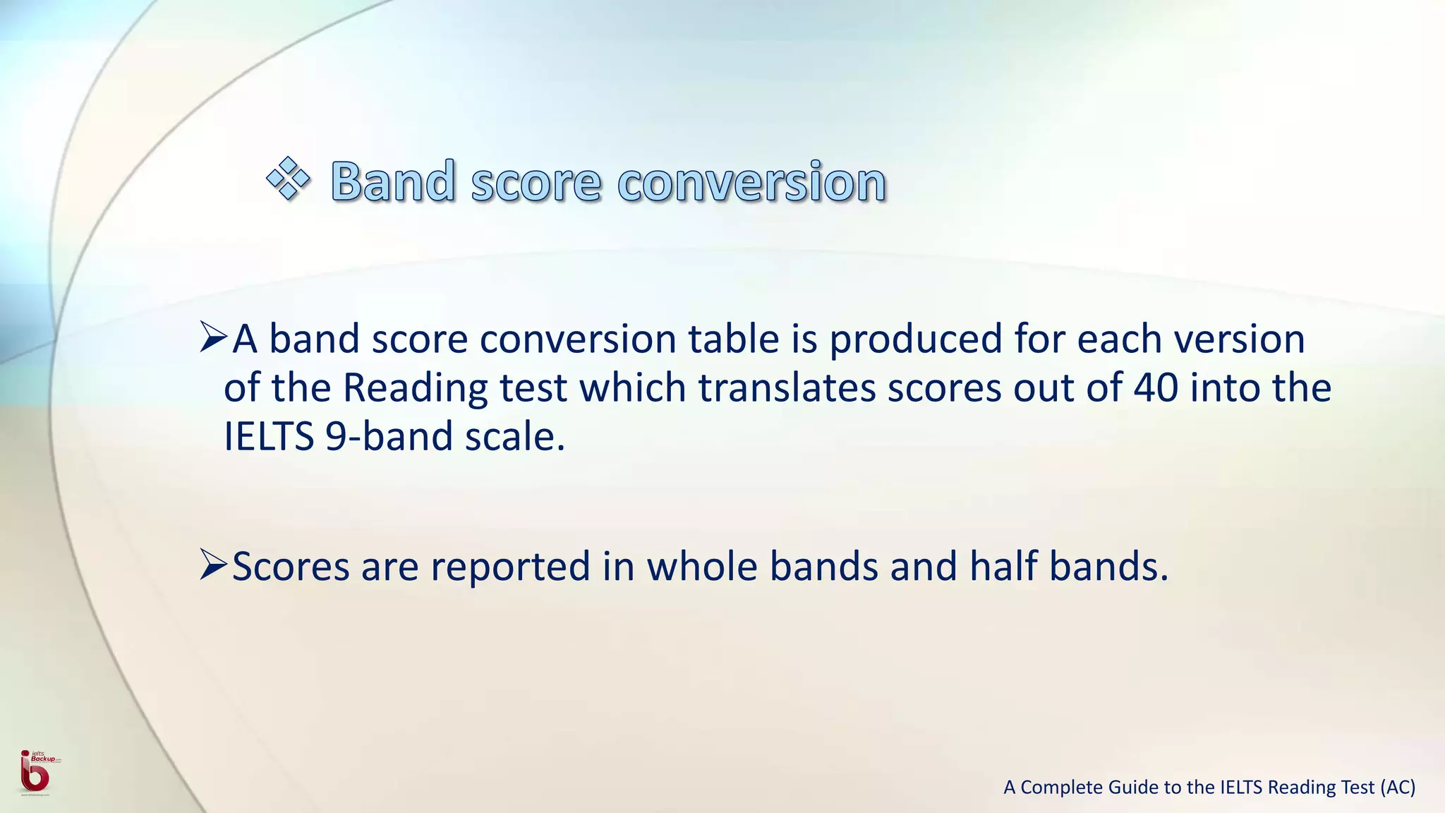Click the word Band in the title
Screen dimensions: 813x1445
pos(393,181)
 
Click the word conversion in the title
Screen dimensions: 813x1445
pos(751,181)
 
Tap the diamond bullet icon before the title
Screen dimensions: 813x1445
pos(288,179)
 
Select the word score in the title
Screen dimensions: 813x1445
pos(536,181)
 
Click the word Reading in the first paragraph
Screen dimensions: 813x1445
pos(415,389)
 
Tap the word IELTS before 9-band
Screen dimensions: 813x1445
pos(269,436)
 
